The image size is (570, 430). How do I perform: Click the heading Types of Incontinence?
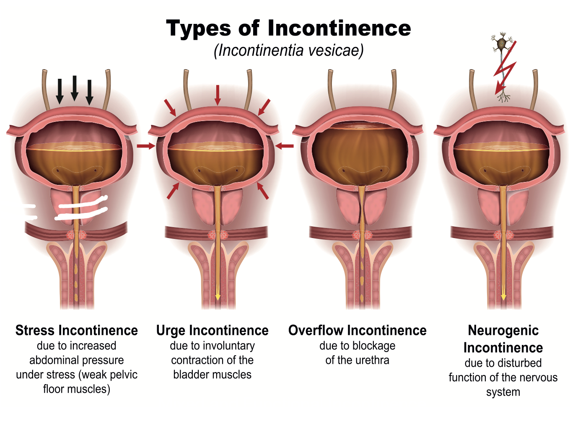(x=288, y=28)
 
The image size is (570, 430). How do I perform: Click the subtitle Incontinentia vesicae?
(x=288, y=50)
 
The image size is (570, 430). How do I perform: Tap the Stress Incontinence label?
(x=77, y=331)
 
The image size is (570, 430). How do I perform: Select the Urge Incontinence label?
(x=212, y=331)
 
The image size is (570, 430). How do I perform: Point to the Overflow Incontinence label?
(x=358, y=331)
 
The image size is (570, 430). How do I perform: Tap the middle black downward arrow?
(x=75, y=88)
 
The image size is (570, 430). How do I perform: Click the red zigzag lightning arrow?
(x=505, y=67)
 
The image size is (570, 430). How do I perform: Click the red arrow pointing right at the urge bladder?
(x=146, y=146)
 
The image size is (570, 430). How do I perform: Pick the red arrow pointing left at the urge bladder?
(x=284, y=146)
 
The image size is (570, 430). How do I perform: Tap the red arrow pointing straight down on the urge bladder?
(x=218, y=95)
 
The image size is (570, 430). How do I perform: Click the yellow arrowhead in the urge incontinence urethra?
(x=218, y=296)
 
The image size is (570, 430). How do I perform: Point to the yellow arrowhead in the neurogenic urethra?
(x=503, y=296)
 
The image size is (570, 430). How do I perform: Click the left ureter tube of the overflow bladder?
(x=332, y=90)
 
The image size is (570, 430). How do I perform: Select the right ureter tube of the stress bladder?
(x=107, y=90)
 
